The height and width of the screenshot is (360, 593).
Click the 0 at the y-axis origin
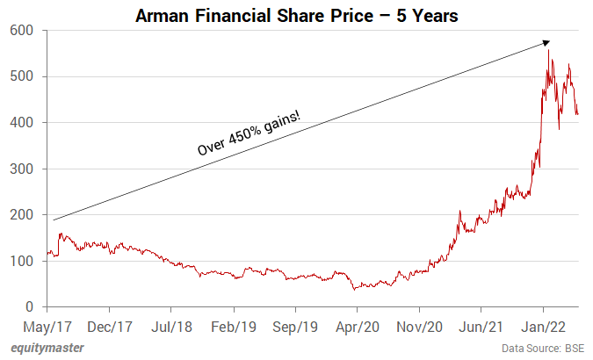tap(29, 306)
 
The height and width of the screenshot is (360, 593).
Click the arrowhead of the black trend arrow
tap(546, 42)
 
